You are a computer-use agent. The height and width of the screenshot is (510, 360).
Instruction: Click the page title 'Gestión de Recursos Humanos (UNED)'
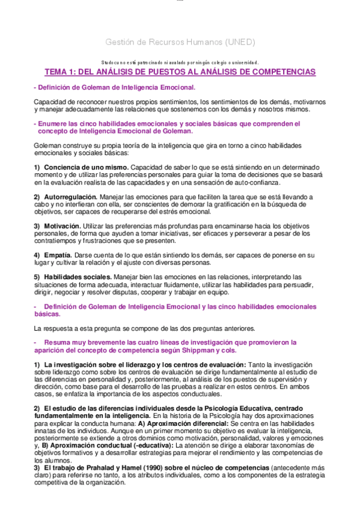(x=180, y=43)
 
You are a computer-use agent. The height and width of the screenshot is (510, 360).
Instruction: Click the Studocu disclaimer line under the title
(x=180, y=61)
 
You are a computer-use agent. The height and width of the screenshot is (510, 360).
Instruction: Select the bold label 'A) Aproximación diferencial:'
(x=177, y=424)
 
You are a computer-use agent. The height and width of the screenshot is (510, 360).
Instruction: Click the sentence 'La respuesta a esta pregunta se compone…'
(x=145, y=328)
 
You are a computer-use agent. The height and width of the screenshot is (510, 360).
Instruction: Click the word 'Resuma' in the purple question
(x=56, y=342)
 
